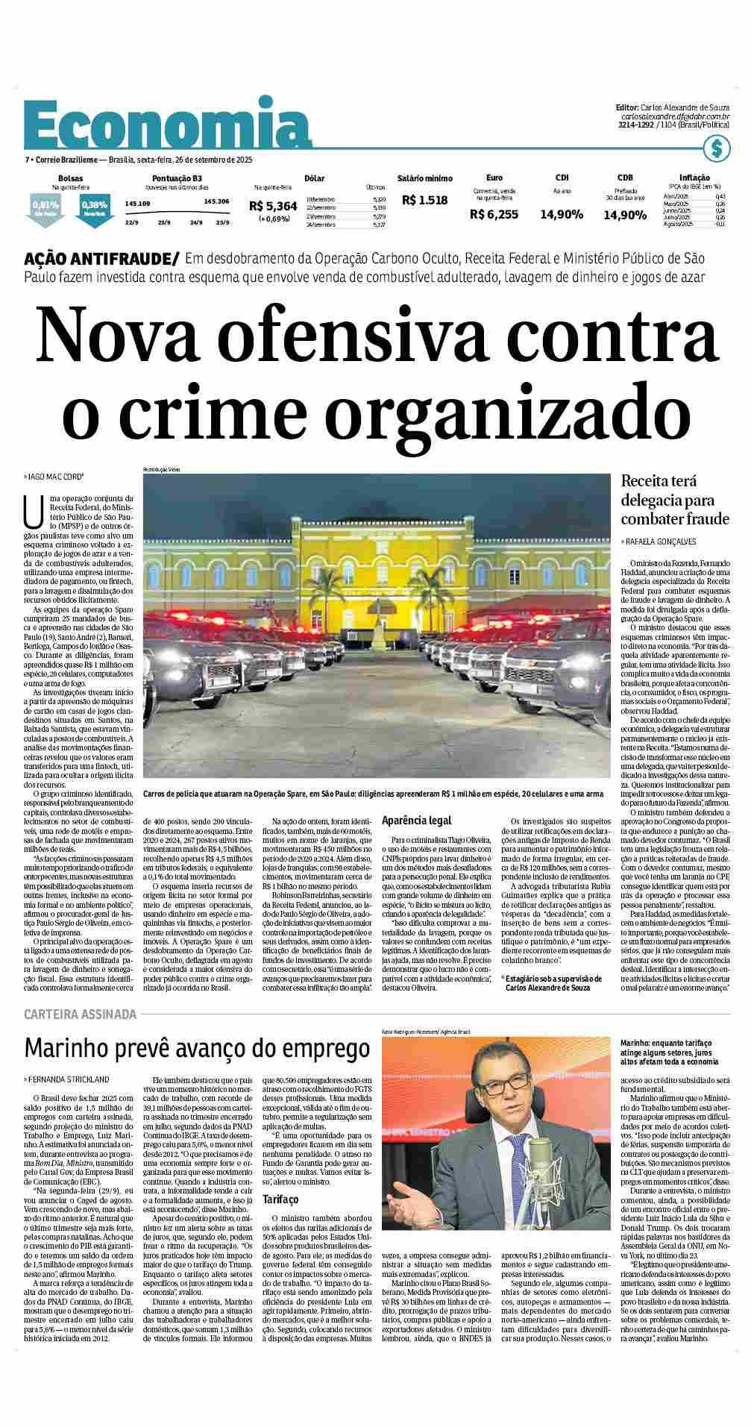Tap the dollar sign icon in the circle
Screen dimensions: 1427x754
click(717, 148)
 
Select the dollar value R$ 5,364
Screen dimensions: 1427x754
click(273, 207)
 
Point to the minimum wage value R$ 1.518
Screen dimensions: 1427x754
click(424, 200)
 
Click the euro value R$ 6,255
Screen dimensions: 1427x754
click(494, 214)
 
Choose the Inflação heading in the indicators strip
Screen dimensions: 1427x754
click(694, 178)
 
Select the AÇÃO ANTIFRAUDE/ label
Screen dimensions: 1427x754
click(102, 260)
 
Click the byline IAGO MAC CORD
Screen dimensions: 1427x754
click(57, 476)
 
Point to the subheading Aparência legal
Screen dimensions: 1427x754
click(416, 821)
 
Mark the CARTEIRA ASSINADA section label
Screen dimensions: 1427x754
click(81, 1014)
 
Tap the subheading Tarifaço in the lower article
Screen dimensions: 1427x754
click(280, 1199)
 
